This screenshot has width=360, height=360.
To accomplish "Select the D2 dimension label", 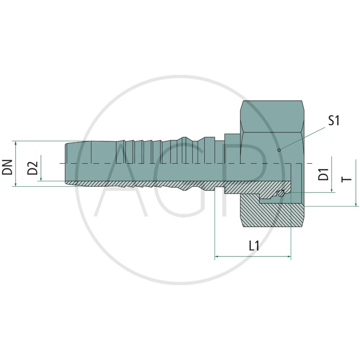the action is [x=32, y=168].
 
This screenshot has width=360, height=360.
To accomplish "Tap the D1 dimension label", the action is [x=324, y=174].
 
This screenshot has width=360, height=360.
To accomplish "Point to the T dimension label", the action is [x=346, y=179].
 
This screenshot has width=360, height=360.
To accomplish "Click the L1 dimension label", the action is [x=254, y=246].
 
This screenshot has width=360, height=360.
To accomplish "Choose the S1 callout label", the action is [x=334, y=120].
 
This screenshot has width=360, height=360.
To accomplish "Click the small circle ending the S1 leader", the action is [x=279, y=150].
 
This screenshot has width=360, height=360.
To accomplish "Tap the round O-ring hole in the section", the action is [x=280, y=193].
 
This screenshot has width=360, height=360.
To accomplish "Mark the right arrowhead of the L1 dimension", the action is [x=289, y=256].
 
